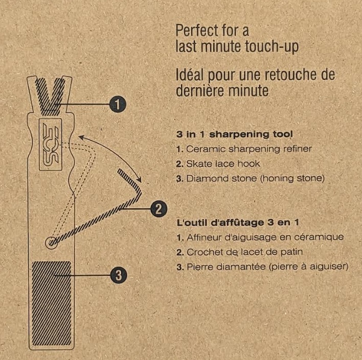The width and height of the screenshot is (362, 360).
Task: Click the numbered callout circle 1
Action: coord(118,104)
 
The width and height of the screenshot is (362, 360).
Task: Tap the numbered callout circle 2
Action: coord(159,209)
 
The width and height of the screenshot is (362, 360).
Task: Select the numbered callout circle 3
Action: coord(119,275)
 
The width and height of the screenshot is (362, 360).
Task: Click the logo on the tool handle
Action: coord(51,145)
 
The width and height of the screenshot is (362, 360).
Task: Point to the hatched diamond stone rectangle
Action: coord(52,303)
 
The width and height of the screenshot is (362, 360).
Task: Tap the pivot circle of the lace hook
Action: coord(51,243)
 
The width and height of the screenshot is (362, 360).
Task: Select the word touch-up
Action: coord(271,47)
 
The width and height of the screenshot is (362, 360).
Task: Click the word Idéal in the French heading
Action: coord(190,75)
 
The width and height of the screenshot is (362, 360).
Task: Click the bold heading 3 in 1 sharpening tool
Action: coord(234,134)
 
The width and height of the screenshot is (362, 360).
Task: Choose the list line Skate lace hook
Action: coord(218,164)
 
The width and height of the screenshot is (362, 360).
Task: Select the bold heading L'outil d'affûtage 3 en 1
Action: coord(238,223)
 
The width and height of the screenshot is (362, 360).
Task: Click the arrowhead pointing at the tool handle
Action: coord(81,137)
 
